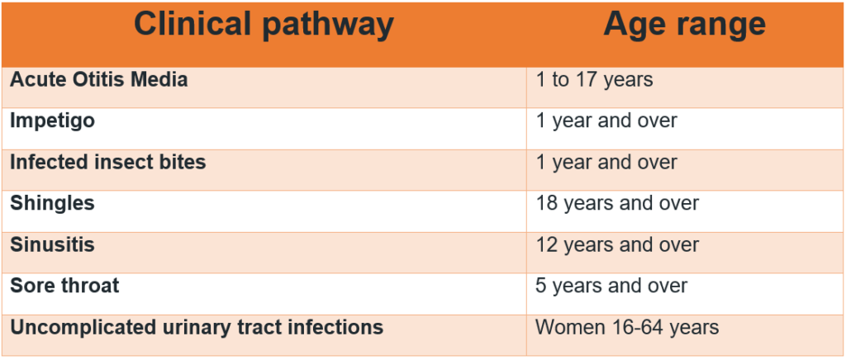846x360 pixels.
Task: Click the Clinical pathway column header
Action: click(x=264, y=26)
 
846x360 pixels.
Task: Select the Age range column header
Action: click(x=684, y=24)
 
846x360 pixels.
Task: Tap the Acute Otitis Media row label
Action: click(x=99, y=80)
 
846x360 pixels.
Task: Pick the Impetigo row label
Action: click(x=52, y=121)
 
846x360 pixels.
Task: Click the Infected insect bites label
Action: click(x=108, y=162)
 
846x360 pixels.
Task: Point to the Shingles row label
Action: click(x=52, y=204)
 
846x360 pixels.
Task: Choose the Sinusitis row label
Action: click(x=52, y=244)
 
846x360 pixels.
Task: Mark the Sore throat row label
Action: click(x=64, y=286)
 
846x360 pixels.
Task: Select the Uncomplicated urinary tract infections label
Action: click(x=197, y=327)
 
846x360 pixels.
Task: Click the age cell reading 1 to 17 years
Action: click(x=594, y=80)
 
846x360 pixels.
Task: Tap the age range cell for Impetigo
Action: click(x=606, y=121)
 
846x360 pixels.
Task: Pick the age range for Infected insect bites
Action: click(x=606, y=162)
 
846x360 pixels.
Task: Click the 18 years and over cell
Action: click(x=617, y=204)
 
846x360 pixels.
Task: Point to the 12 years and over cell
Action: click(x=617, y=245)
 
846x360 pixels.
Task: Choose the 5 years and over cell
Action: click(x=611, y=287)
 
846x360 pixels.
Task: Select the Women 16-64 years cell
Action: click(x=627, y=327)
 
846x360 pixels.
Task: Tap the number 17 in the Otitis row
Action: click(x=587, y=80)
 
